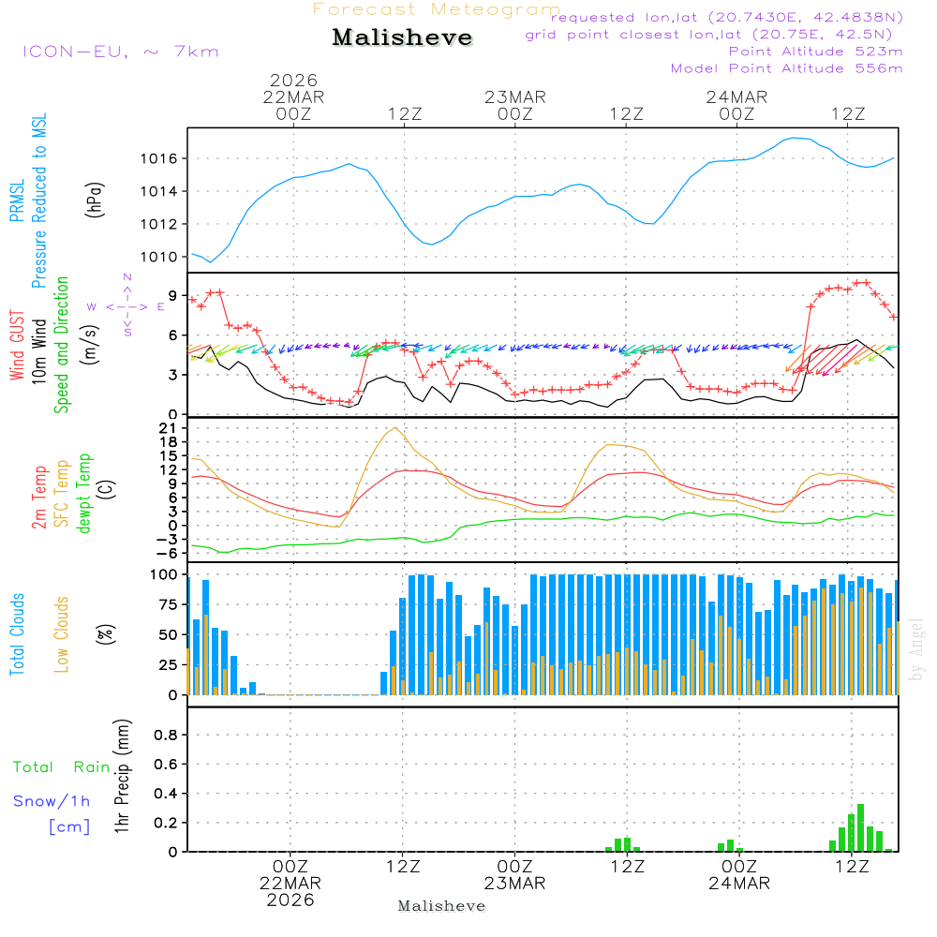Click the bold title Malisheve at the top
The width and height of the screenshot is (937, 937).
403,38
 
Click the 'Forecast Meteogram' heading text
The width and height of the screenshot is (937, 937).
437,9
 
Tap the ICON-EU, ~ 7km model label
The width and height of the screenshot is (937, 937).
120,51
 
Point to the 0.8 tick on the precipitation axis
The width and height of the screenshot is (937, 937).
166,736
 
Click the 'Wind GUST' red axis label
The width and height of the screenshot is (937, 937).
17,347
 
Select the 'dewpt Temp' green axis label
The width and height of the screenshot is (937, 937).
84,494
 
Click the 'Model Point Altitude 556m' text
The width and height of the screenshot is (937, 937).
787,68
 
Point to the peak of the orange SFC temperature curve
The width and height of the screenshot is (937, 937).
395,428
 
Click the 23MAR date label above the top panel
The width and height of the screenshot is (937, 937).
515,97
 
